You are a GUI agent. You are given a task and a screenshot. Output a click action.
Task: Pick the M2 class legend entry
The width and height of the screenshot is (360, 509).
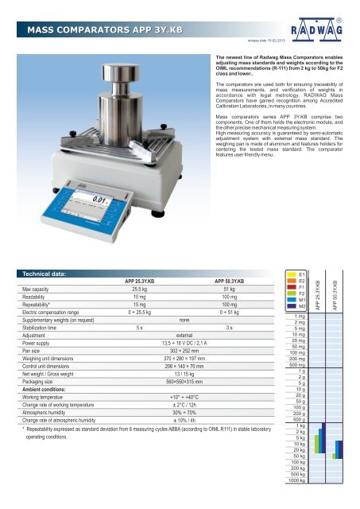pyautogui.click(x=303, y=328)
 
